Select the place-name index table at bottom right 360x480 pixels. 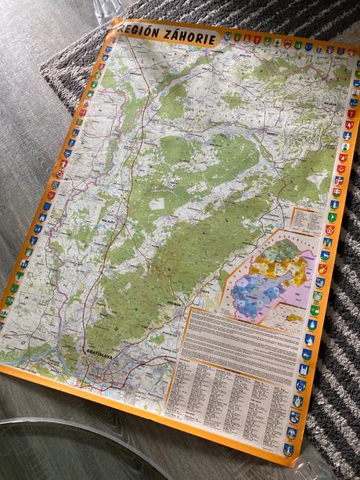point(227,399)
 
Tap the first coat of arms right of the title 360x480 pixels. point(228,36)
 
